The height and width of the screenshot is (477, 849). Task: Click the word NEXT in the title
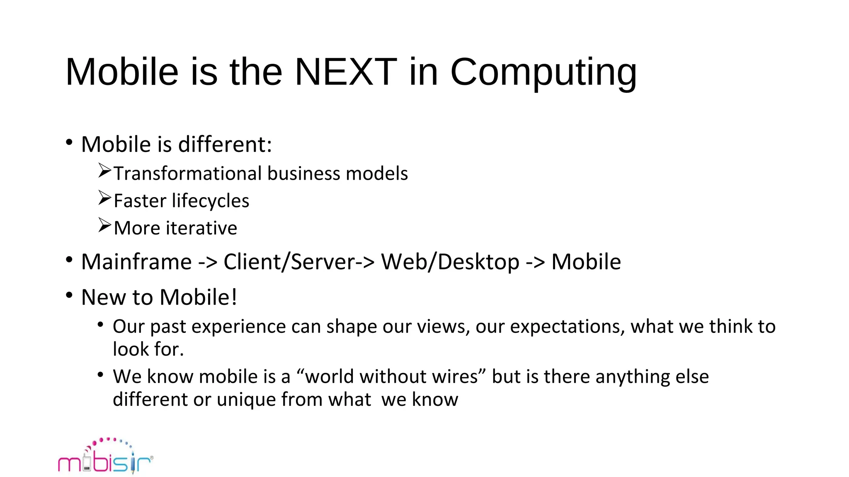pos(346,72)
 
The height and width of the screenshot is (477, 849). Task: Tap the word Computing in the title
pos(543,73)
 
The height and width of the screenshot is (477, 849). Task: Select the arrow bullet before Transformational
pos(105,171)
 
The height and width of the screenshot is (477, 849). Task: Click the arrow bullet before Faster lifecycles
pos(105,198)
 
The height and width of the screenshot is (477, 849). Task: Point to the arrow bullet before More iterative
pos(105,225)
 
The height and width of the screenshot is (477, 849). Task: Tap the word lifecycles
pos(211,201)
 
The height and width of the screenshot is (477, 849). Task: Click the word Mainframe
pos(136,262)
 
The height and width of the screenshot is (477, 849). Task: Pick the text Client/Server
pos(289,262)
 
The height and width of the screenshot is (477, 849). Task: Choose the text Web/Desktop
pos(450,262)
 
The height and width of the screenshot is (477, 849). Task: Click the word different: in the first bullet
pos(225,145)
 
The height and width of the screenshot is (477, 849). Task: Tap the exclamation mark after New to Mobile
pos(234,297)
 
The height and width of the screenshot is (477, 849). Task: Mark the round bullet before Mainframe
pos(69,260)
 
